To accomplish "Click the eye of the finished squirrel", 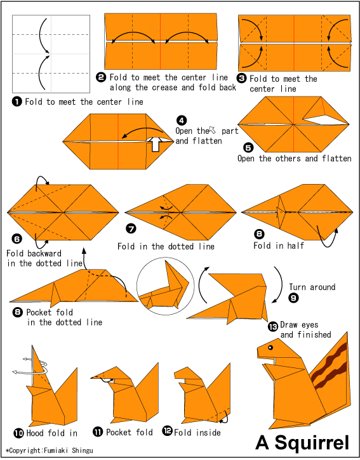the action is pyautogui.click(x=270, y=348).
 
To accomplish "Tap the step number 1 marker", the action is pyautogui.click(x=17, y=102).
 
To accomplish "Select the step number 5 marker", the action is pyautogui.click(x=248, y=147).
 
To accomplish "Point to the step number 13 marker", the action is pyautogui.click(x=273, y=327).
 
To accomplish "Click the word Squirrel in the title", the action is pyautogui.click(x=312, y=442).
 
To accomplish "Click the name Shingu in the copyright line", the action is pyautogui.click(x=83, y=450).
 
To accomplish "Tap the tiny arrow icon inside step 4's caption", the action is pyautogui.click(x=212, y=129).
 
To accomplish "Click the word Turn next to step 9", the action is pyautogui.click(x=297, y=287).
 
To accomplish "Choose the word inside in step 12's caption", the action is pyautogui.click(x=208, y=433).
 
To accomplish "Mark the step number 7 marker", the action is pyautogui.click(x=131, y=228).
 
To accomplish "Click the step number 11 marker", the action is pyautogui.click(x=98, y=432).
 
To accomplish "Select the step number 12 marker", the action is pyautogui.click(x=168, y=431).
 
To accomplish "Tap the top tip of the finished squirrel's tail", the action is pyautogui.click(x=347, y=332).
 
